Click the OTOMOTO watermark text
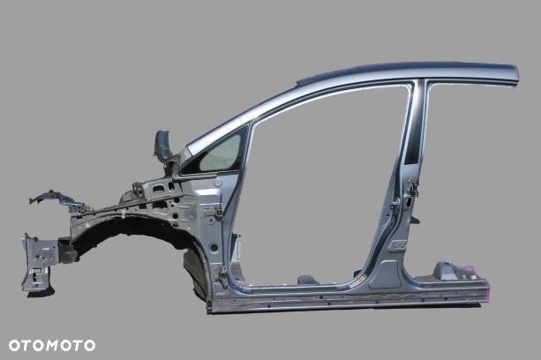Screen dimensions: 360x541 click(51, 345)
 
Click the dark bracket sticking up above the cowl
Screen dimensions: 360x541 click(164, 146)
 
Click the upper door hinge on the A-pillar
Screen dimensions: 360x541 click(211, 212)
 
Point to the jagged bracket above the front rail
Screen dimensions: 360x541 click(53, 199)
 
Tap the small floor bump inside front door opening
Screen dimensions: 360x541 click(306, 279)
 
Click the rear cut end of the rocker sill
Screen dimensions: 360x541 click(484, 289)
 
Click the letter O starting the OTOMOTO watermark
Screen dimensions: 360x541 click(14, 345)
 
